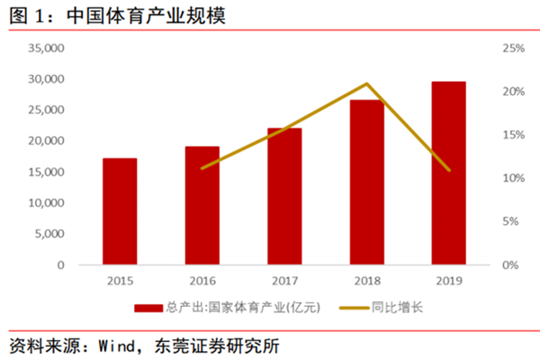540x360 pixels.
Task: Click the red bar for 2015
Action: tap(120, 211)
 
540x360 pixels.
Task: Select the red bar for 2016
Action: tap(202, 205)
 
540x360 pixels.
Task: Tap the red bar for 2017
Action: tap(284, 196)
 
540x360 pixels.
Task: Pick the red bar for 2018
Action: tap(366, 183)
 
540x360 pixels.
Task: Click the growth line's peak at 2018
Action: tap(366, 84)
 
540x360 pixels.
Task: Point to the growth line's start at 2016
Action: tap(202, 168)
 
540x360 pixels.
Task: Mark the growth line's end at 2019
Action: tap(448, 170)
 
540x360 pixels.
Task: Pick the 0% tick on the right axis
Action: tap(509, 265)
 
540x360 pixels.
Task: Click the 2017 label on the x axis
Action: tap(284, 281)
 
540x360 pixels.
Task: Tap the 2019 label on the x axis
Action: tap(448, 281)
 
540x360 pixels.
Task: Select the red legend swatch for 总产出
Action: tap(147, 308)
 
